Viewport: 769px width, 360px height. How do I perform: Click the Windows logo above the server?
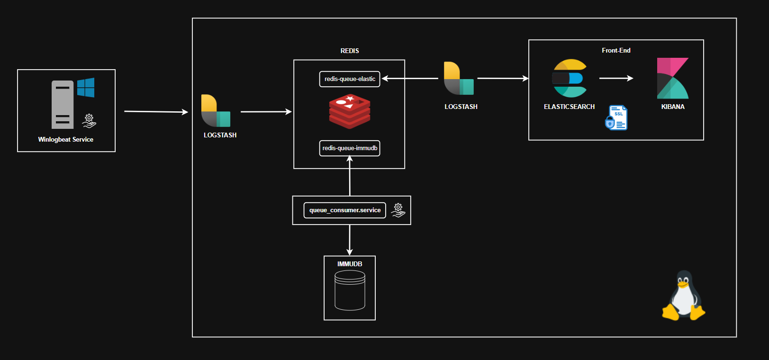tap(86, 88)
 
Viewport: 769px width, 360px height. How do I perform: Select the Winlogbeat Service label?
tap(66, 139)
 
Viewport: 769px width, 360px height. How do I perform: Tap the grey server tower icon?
tap(63, 105)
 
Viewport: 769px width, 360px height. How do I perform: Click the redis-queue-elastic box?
tap(350, 79)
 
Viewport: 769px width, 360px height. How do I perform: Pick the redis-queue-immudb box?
tap(350, 148)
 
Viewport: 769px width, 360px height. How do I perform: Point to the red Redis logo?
tap(350, 112)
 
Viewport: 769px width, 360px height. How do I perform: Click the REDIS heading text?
tap(350, 51)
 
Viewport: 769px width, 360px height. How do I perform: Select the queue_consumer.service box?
tap(345, 210)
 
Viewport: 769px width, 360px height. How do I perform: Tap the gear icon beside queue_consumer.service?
tap(398, 210)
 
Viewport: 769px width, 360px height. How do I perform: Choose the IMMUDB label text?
tap(350, 264)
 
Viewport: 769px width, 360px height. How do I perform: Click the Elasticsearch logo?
tap(569, 78)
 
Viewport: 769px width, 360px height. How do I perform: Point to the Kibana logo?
tap(672, 78)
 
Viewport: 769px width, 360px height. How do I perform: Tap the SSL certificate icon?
tap(616, 117)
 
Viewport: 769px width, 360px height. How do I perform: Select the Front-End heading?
tap(616, 50)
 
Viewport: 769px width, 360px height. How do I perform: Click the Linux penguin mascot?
tap(683, 296)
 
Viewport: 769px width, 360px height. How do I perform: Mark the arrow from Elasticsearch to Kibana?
tap(616, 78)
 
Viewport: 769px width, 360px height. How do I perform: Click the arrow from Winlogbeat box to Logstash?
tap(156, 112)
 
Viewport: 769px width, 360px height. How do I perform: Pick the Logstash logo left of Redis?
tap(216, 111)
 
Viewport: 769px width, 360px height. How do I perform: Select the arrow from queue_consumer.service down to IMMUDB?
tap(350, 240)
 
